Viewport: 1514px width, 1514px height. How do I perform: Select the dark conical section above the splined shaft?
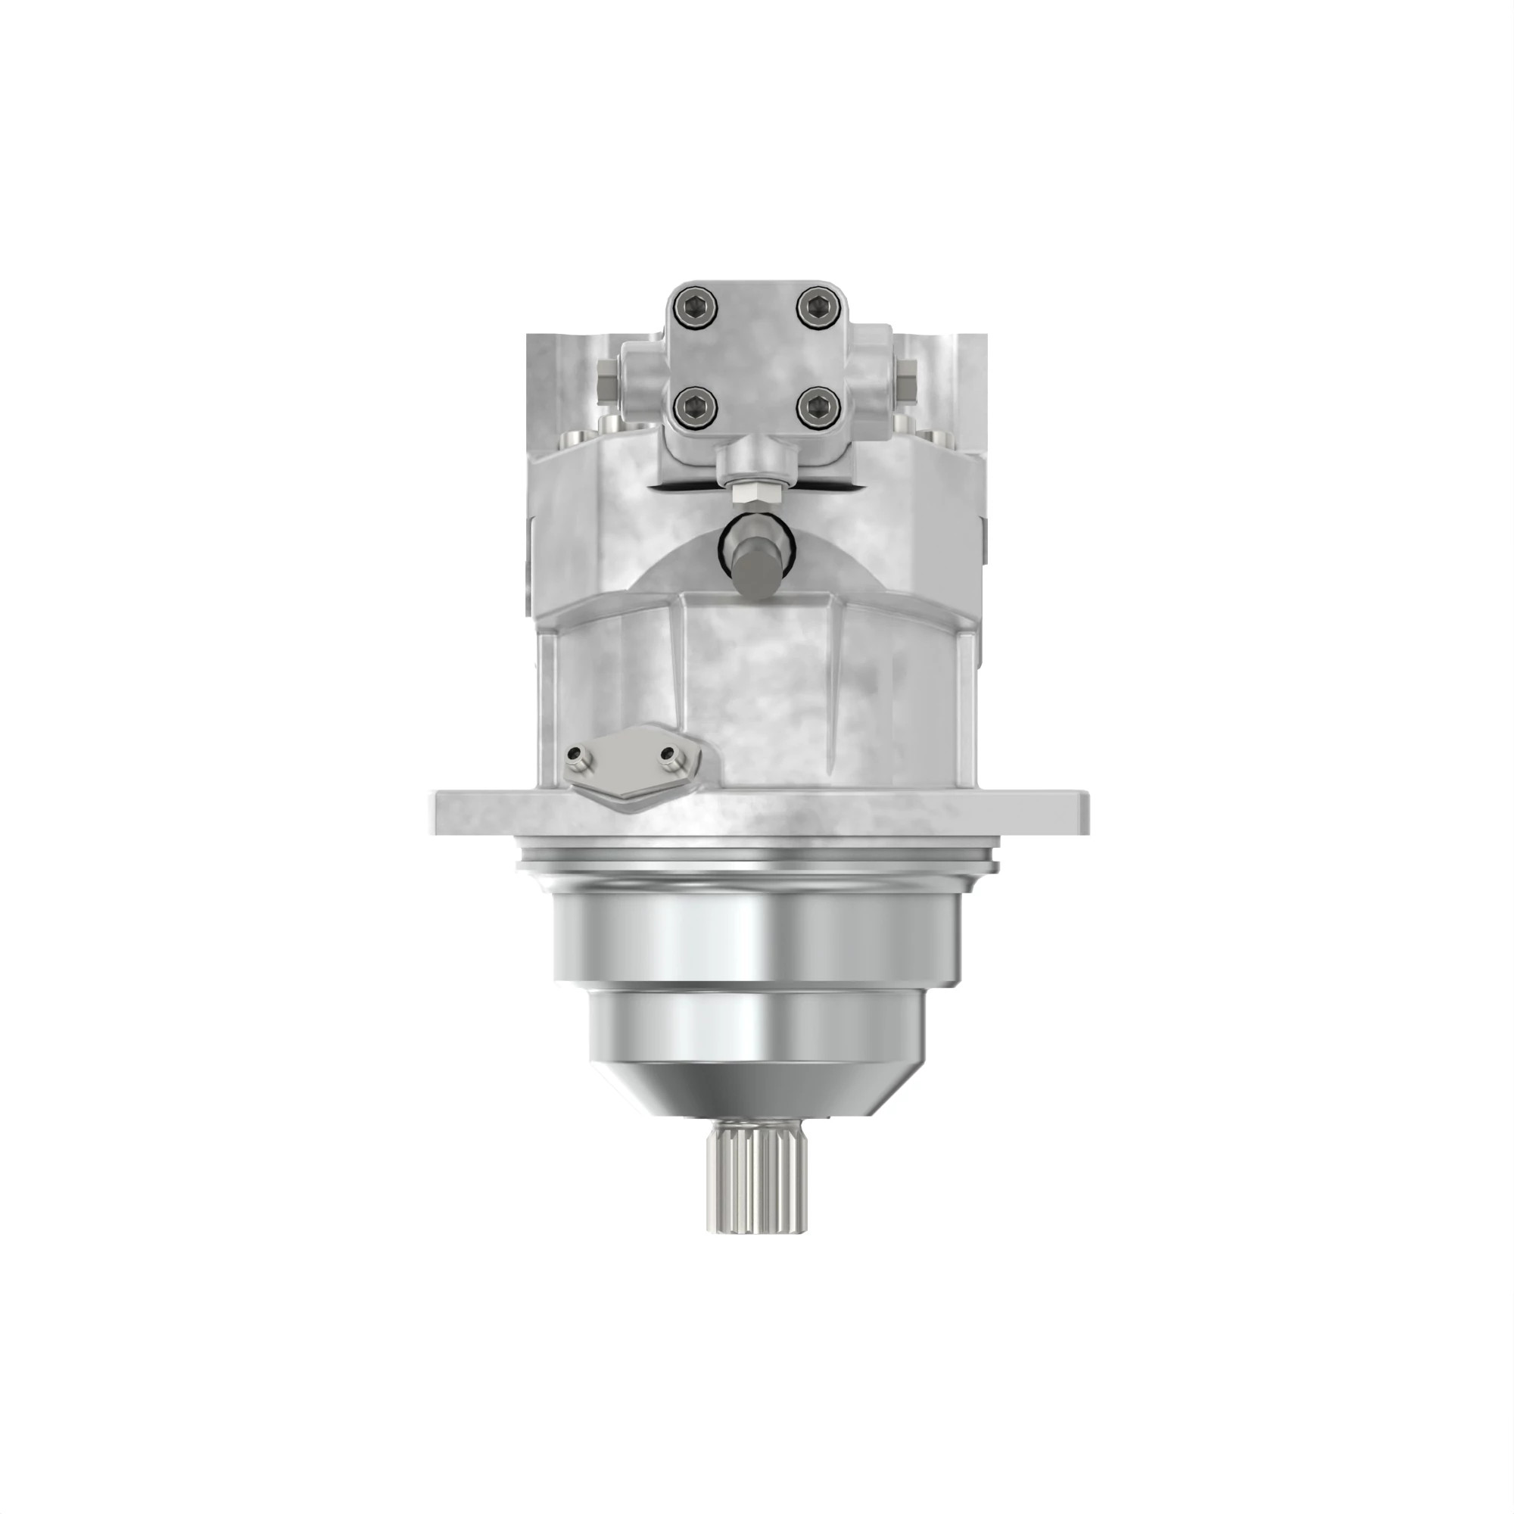[x=756, y=1093]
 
